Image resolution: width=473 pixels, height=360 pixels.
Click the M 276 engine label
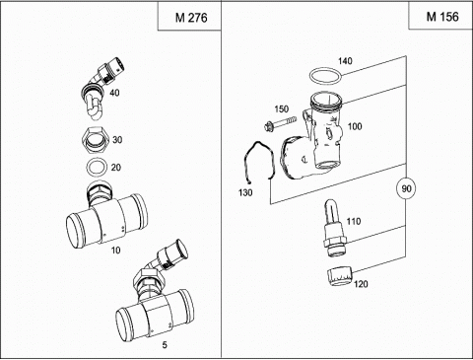pos(191,18)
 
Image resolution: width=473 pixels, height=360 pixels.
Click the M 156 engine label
pos(442,17)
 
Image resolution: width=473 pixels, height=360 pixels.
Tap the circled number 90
pos(406,188)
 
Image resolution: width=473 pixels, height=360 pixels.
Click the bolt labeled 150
pos(281,123)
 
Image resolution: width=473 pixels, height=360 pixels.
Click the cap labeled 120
pos(340,276)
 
